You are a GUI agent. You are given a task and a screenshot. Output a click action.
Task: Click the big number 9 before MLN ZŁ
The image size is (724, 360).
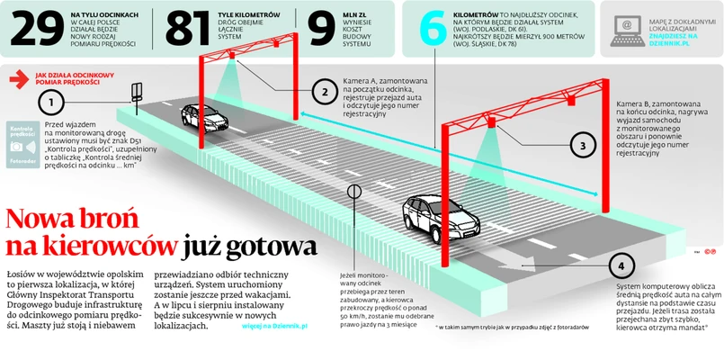tap(321, 29)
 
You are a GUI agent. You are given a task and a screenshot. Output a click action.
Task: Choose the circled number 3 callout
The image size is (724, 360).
tap(582, 143)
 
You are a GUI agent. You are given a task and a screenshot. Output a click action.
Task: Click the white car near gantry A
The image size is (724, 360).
tap(201, 115)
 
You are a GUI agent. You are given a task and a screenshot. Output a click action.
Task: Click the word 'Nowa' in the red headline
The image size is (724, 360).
tap(45, 220)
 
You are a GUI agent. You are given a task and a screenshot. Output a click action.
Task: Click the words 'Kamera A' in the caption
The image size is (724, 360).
tap(362, 82)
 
